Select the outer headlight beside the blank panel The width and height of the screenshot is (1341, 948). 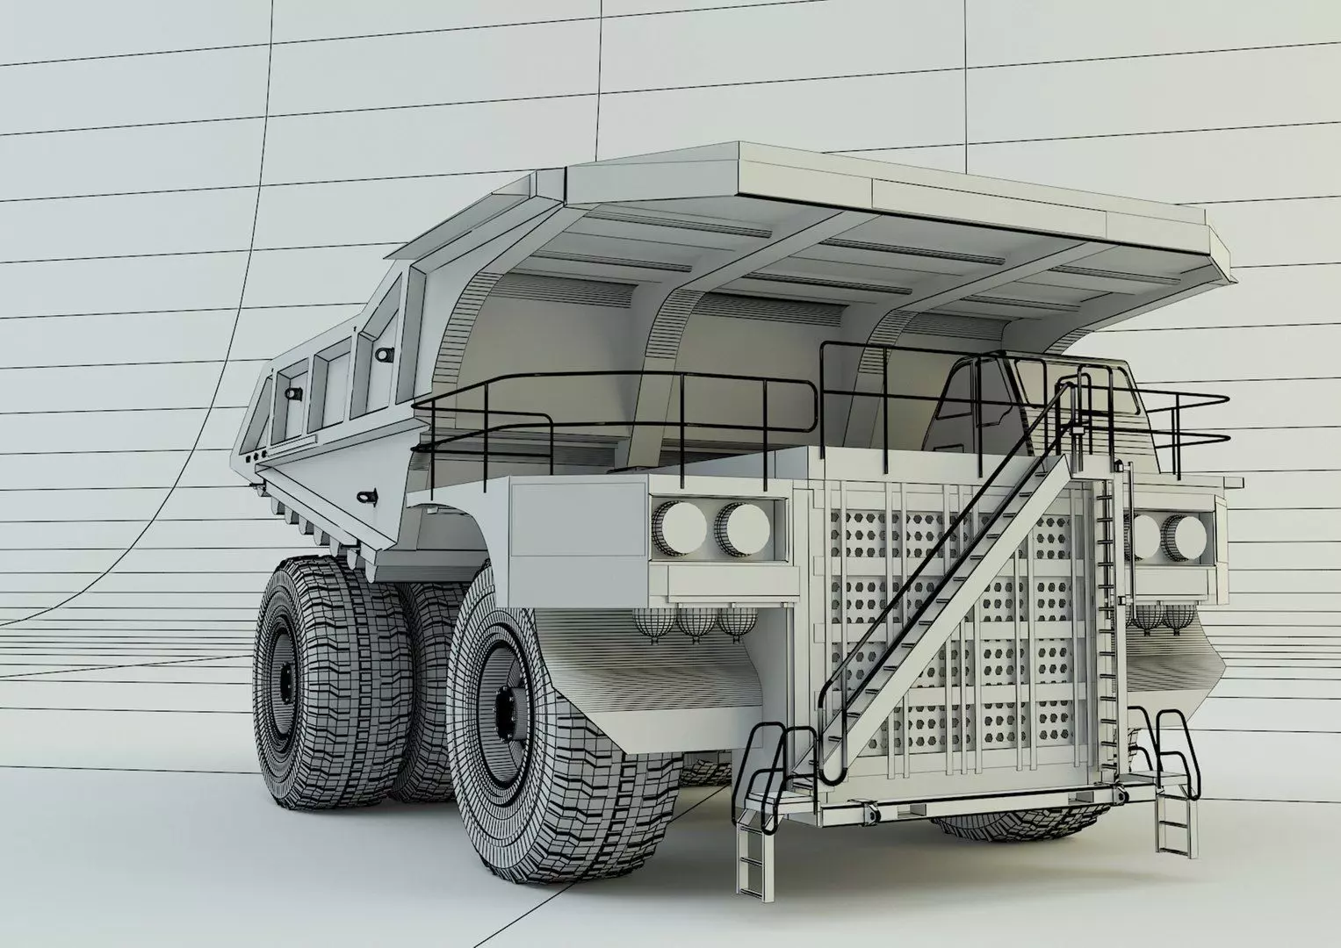[685, 526]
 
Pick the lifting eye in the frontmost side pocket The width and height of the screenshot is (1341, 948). [383, 354]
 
